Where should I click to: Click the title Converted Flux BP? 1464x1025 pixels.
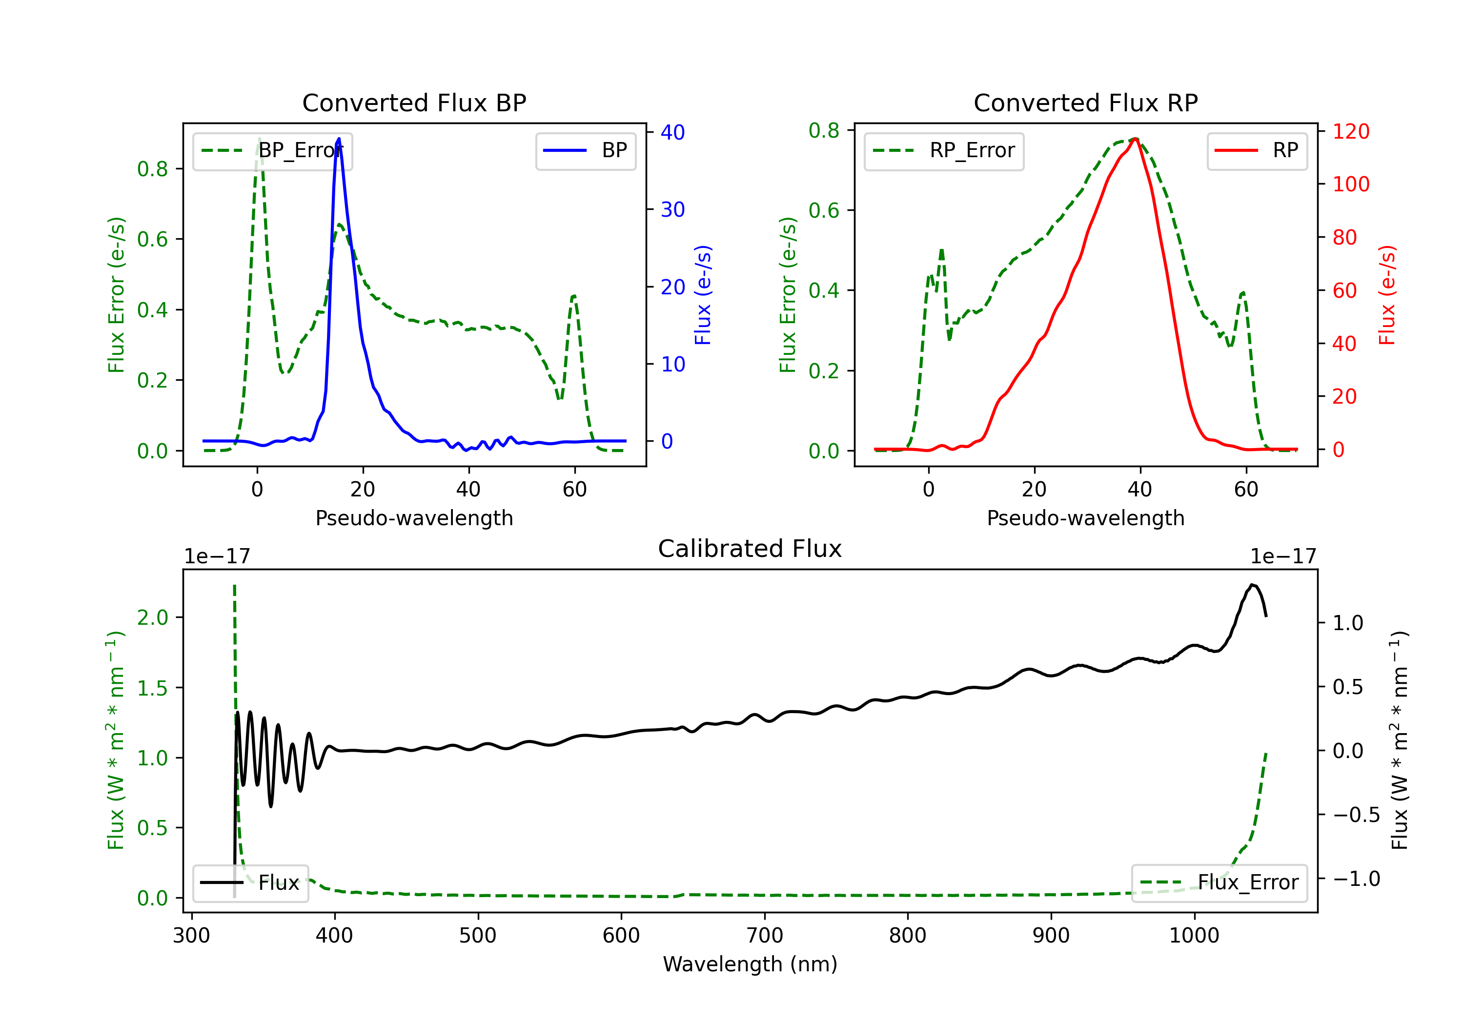(x=414, y=102)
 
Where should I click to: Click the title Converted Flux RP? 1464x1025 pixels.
(x=1086, y=102)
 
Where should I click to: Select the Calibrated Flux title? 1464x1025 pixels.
(x=750, y=549)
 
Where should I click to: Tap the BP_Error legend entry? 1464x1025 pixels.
(x=273, y=150)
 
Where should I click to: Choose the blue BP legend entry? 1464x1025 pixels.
(x=585, y=150)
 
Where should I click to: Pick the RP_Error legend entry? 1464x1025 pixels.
(x=944, y=150)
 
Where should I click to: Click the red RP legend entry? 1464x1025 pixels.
(x=1257, y=150)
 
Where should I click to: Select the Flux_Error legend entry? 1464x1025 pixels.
(x=1219, y=883)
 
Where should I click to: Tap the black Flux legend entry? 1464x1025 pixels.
(x=250, y=883)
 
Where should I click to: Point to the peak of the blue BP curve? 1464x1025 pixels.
(x=339, y=139)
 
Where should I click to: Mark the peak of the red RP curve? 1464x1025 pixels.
(x=1136, y=139)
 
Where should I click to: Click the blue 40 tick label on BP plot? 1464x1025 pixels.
(x=672, y=132)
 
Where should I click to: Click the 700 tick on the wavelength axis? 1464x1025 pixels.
(x=765, y=935)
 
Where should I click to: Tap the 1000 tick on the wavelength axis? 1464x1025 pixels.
(x=1194, y=935)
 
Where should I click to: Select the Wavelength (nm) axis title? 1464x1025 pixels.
(x=751, y=964)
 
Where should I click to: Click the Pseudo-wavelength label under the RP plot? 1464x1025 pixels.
(x=1086, y=518)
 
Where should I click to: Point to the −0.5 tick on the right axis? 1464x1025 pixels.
(x=1356, y=815)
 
